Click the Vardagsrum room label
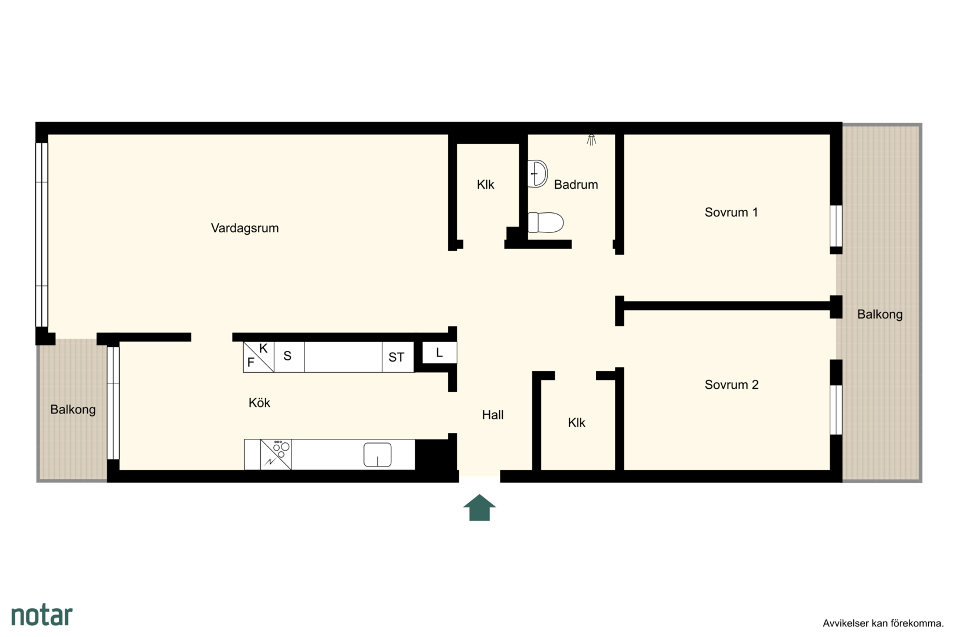point(244,228)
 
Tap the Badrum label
point(576,185)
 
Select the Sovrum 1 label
point(731,212)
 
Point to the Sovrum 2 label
point(732,385)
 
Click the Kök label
point(260,403)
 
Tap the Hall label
point(493,415)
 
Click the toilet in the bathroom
point(546,223)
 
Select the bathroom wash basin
point(538,173)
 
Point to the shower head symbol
point(591,140)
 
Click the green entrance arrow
point(480,508)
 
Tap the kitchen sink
point(378,454)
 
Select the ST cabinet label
point(397,357)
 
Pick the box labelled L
point(440,353)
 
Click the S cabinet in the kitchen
point(289,357)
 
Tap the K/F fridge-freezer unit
point(258,357)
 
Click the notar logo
point(42,615)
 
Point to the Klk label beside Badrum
point(486,185)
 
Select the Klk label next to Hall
point(577,423)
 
